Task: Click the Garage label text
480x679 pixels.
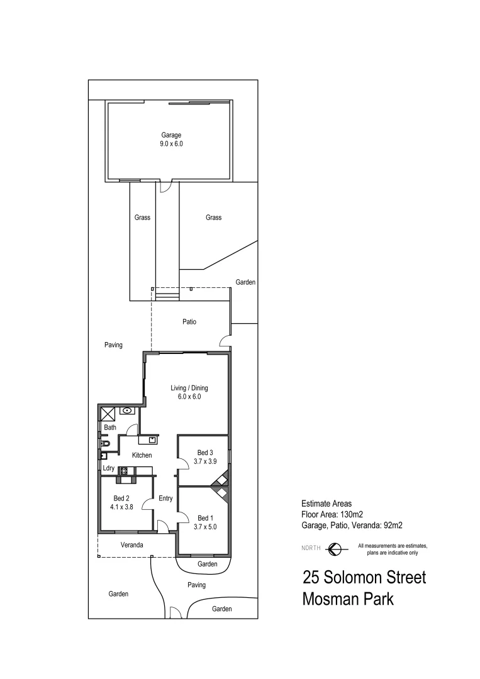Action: point(171,135)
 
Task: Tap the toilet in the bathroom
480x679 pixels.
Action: point(105,444)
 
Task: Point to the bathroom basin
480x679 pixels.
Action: point(128,411)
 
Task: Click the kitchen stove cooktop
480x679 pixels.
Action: point(123,470)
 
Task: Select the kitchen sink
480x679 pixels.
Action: point(152,440)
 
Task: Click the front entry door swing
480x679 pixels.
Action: point(162,527)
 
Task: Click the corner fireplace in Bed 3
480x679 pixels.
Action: point(221,481)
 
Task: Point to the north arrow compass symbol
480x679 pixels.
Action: point(336,548)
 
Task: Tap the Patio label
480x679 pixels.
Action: point(189,322)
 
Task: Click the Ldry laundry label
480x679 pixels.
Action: point(108,468)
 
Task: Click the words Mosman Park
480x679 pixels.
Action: point(348,599)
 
